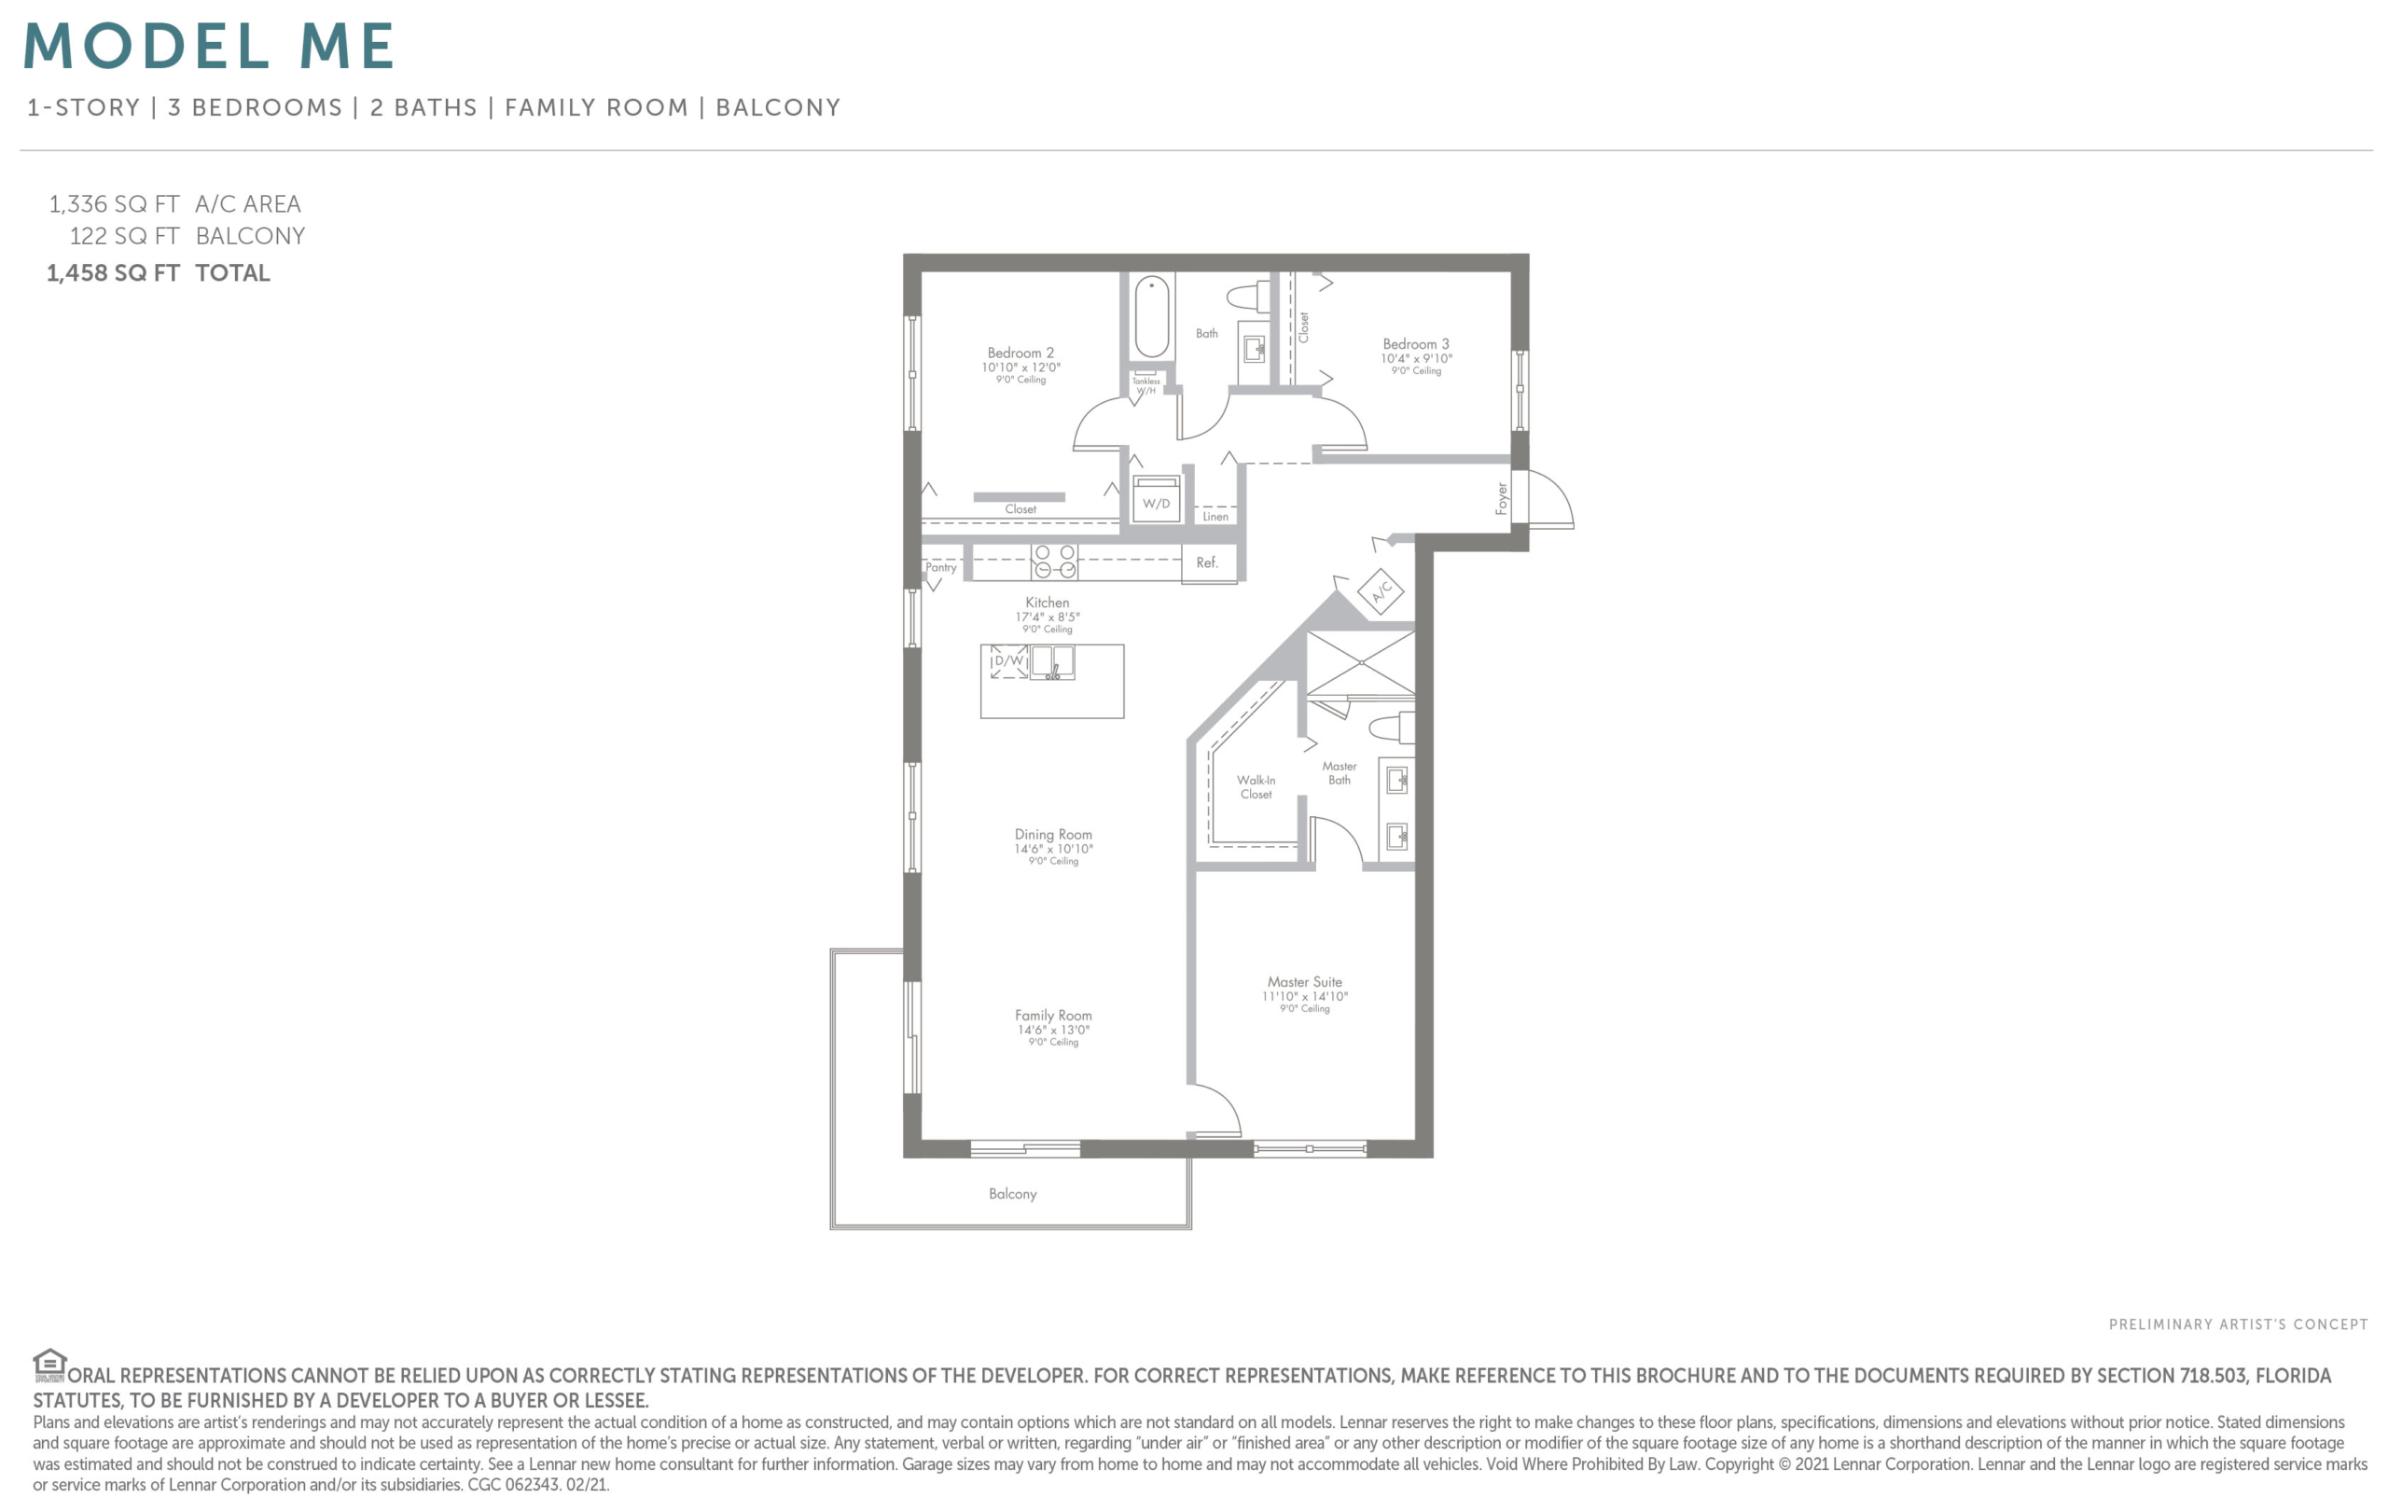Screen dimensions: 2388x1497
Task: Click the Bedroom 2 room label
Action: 1020,353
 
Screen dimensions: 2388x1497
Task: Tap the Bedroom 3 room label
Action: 1416,343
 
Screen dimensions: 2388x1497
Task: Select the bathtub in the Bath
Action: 1151,316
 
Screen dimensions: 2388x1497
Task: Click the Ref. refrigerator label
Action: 1207,562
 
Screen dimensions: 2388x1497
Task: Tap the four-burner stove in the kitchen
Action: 1054,561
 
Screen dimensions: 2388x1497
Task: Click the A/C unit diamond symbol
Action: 1381,592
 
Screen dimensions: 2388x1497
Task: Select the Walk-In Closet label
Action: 1256,787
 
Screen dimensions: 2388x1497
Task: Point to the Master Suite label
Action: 1305,982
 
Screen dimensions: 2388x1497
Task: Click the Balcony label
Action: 1013,1194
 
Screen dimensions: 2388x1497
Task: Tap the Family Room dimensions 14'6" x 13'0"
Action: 1053,1030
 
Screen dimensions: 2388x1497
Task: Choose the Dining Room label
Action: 1053,835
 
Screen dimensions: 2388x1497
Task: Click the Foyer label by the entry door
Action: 1502,498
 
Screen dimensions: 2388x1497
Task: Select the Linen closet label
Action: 1215,517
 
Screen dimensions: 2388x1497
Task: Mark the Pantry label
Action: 941,567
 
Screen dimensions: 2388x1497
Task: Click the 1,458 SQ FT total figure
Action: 113,273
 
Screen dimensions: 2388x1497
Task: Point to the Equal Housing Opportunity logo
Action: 49,1365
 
